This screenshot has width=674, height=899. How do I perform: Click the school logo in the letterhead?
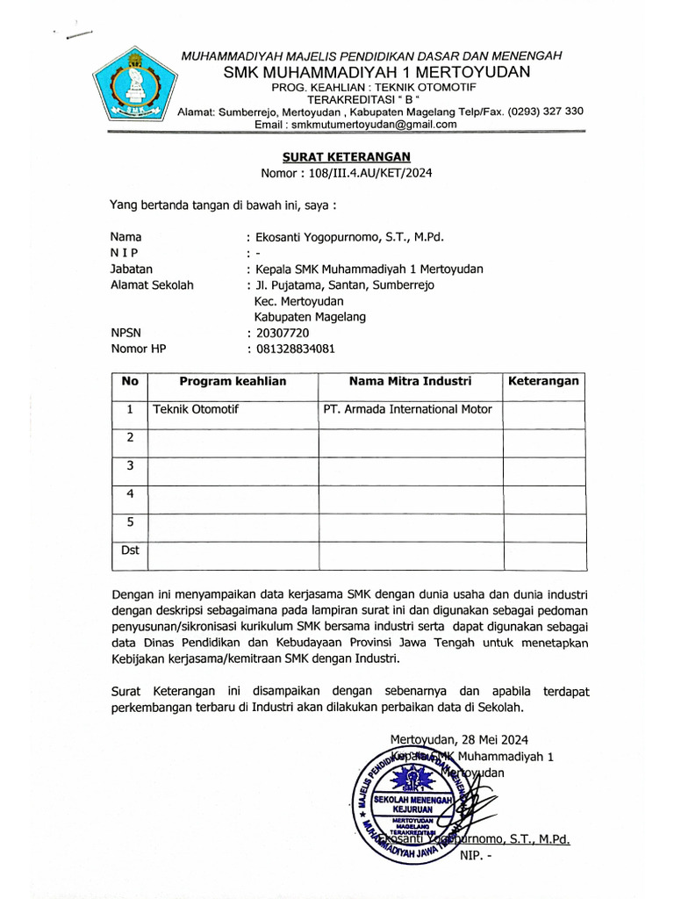(134, 86)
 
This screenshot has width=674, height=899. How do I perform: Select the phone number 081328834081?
(295, 349)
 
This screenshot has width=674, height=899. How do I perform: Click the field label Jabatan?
(131, 269)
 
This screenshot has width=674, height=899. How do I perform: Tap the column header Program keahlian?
(233, 381)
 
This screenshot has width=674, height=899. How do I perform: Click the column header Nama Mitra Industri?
(410, 381)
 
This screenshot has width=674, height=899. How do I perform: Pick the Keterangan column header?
(543, 381)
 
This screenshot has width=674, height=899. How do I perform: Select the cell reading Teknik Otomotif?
(196, 409)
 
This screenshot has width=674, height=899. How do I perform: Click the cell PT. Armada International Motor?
(408, 409)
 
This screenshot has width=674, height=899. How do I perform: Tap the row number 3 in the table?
(129, 465)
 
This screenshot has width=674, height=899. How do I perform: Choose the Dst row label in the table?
(129, 550)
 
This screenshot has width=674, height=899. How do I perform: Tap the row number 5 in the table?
(129, 521)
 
